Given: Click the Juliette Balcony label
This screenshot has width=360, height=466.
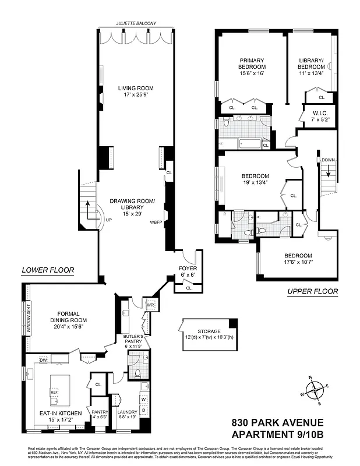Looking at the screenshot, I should click(136, 24).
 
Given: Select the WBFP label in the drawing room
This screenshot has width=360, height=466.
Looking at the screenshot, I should click(156, 223).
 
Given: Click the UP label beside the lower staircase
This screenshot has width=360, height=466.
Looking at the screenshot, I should click(108, 220).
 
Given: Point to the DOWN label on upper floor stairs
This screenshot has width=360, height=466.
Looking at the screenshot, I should click(327, 160).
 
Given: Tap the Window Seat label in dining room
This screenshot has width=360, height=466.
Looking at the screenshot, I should click(27, 318).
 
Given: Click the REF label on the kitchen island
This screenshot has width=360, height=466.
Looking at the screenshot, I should click(54, 392).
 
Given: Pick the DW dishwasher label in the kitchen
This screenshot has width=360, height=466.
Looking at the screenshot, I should click(43, 361).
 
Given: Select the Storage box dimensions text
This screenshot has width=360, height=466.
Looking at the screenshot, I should click(208, 338).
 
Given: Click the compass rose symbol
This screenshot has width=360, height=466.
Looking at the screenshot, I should click(315, 390).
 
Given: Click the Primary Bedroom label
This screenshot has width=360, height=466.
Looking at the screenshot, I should click(252, 63).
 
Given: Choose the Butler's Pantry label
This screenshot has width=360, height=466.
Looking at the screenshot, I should click(133, 340).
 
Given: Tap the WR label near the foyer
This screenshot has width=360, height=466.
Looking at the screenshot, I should click(150, 305).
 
